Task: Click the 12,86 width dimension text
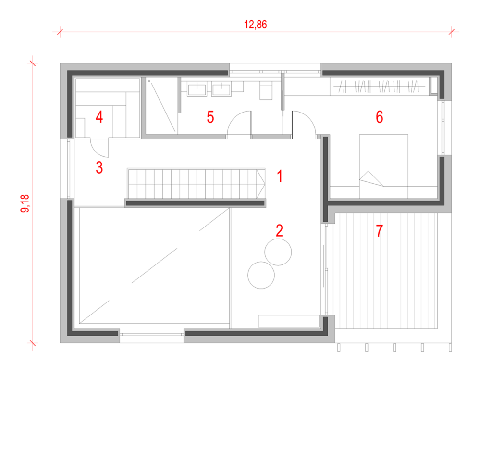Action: point(256,25)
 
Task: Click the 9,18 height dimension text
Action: point(25,203)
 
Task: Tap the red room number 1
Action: point(280,176)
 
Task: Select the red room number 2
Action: point(279,230)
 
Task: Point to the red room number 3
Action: point(99,167)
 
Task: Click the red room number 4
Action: point(99,117)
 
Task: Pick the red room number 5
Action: point(210,117)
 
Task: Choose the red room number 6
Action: point(380,117)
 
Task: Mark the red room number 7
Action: point(380,230)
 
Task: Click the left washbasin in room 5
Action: point(197,89)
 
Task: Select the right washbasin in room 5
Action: point(221,89)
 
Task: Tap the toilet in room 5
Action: point(266,90)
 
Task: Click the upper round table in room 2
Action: point(278,252)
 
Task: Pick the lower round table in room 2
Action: point(261,275)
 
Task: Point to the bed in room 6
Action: point(383,166)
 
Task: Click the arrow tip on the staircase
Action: point(265,184)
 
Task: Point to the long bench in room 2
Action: point(289,321)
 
